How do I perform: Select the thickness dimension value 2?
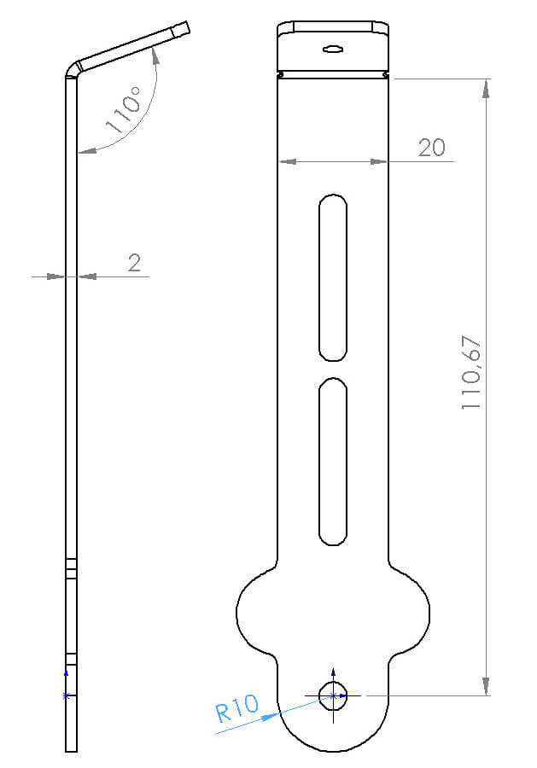[x=134, y=263]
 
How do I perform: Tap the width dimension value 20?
[x=432, y=148]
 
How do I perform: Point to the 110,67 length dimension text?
[x=471, y=372]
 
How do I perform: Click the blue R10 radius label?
[x=237, y=707]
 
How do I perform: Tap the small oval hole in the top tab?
[x=333, y=49]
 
